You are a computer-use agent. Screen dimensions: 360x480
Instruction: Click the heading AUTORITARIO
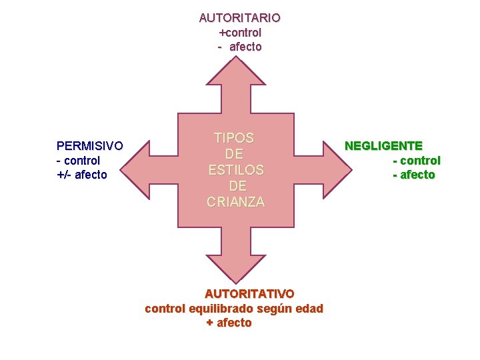[239, 18]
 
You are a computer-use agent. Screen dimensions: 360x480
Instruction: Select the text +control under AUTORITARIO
[240, 33]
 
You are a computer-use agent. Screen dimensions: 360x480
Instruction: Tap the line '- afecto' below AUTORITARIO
[239, 47]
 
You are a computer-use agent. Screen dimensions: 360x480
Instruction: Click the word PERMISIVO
[89, 145]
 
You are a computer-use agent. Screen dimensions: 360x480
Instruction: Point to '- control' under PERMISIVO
[78, 161]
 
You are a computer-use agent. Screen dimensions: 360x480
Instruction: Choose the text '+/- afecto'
[81, 175]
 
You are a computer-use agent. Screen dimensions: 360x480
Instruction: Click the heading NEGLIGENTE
[383, 145]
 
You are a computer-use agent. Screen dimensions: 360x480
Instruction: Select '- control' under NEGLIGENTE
[416, 161]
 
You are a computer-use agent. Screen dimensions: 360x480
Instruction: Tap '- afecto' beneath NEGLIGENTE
[413, 175]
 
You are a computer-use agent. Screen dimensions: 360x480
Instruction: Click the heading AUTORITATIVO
[249, 294]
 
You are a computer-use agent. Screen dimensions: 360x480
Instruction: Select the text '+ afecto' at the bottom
[229, 323]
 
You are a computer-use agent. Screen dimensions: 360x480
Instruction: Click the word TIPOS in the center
[234, 138]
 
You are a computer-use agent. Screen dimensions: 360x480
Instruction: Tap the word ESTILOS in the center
[236, 170]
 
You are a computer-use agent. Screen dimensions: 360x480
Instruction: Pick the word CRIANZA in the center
[236, 201]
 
